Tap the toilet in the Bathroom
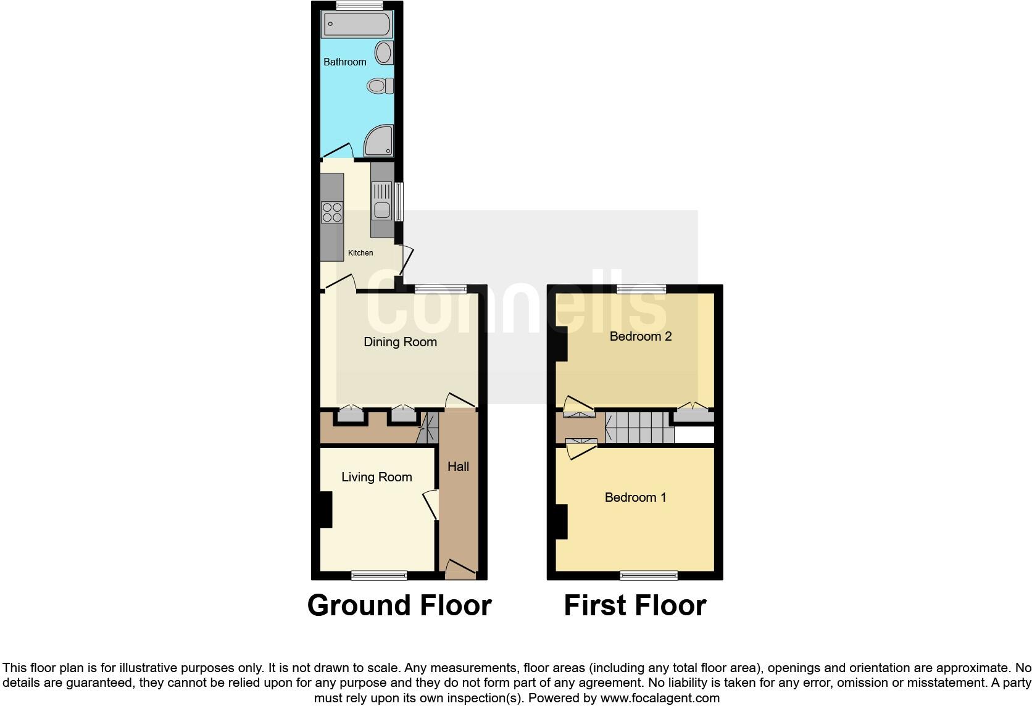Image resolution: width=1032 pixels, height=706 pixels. click(379, 86)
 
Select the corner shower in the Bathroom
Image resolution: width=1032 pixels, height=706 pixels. click(378, 141)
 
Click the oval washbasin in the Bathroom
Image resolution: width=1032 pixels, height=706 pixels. click(384, 53)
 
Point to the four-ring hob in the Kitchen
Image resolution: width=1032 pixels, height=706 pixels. click(332, 212)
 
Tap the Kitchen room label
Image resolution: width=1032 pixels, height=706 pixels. click(360, 253)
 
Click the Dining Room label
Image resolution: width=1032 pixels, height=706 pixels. click(400, 342)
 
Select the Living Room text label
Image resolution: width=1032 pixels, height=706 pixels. click(377, 477)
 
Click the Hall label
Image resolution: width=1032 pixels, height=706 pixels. click(458, 467)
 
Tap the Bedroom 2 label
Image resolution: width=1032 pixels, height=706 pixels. click(640, 336)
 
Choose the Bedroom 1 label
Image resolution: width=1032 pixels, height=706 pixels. click(635, 497)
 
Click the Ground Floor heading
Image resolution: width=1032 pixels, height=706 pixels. click(399, 605)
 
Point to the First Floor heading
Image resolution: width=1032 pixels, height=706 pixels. click(635, 605)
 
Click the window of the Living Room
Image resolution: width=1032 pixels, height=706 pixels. click(379, 575)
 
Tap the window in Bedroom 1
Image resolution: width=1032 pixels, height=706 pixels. click(649, 575)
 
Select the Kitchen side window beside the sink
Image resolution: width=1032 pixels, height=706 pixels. click(399, 202)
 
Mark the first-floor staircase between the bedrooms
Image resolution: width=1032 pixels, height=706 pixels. click(639, 428)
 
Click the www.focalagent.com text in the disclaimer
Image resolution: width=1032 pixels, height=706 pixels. click(659, 699)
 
